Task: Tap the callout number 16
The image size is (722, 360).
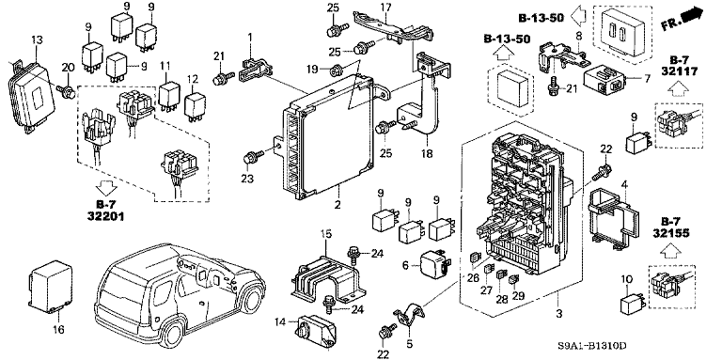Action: click(x=59, y=329)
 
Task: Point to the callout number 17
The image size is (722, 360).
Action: click(x=384, y=8)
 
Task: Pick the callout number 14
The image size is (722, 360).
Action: click(x=280, y=322)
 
